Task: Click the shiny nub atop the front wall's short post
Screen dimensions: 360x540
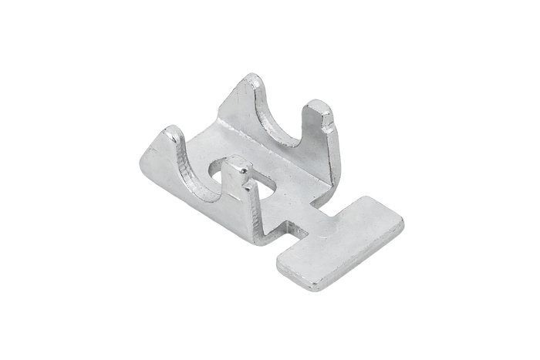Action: tap(238, 164)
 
